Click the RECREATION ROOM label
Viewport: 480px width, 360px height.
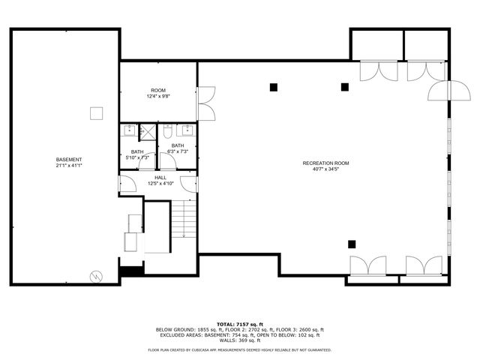[x=325, y=163]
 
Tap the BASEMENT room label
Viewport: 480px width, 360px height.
[x=69, y=160]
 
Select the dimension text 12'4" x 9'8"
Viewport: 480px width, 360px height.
[x=158, y=96]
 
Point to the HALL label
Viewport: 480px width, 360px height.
[x=160, y=178]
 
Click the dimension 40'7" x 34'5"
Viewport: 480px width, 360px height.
[x=325, y=169]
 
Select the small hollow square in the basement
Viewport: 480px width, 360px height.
[x=95, y=112]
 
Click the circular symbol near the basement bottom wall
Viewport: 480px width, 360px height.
[x=95, y=275]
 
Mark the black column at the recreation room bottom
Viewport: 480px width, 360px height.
[x=351, y=243]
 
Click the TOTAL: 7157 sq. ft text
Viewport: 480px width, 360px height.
[x=239, y=323]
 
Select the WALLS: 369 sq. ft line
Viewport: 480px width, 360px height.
[x=239, y=340]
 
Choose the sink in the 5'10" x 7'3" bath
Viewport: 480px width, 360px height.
[x=129, y=129]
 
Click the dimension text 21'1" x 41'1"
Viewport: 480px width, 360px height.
[x=69, y=166]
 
